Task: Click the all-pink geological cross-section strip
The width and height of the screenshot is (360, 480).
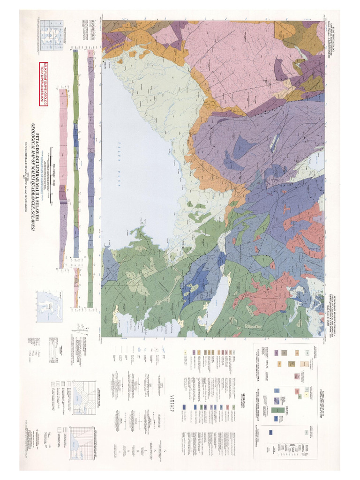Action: [63, 178]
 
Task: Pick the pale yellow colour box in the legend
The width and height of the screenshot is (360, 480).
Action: [186, 352]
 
